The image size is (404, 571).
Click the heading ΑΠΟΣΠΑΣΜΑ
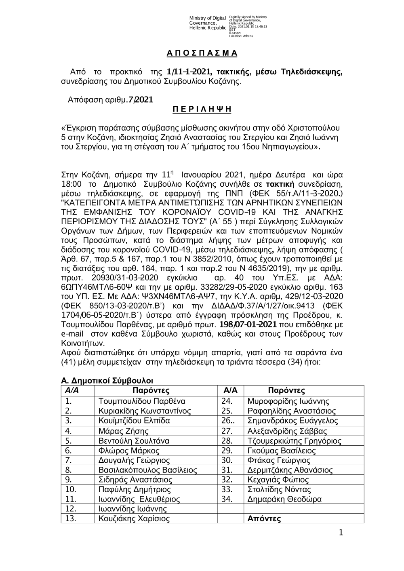coord(202,53)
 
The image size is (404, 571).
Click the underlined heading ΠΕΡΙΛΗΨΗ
coord(202,109)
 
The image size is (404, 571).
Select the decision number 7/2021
coord(140,99)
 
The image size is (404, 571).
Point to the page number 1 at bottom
coord(341,533)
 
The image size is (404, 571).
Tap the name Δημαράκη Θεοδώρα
coord(284,499)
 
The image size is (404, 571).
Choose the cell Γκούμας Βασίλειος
coord(281,451)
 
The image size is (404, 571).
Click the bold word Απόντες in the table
coord(264,519)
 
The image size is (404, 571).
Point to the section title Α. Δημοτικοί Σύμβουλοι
coord(107,380)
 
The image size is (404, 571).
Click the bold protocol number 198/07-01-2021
coord(248,324)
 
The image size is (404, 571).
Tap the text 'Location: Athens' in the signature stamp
coord(241,36)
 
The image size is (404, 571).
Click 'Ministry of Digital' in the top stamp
coord(207,18)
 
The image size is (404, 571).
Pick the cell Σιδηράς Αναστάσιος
coord(135,480)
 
